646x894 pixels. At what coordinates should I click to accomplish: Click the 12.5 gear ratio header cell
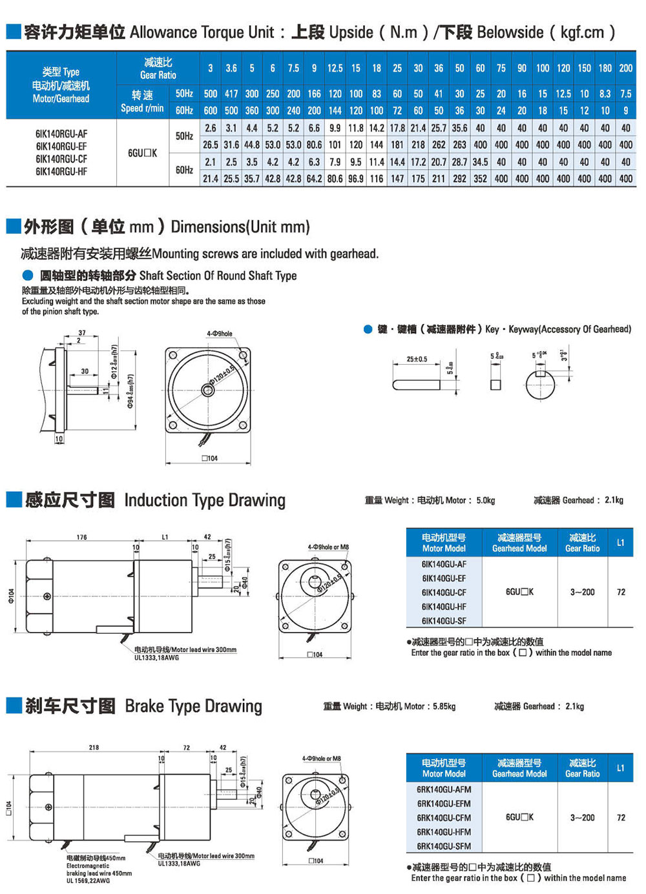[x=335, y=68]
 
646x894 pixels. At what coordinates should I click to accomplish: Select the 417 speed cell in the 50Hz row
[x=231, y=94]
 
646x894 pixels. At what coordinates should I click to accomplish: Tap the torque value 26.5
[x=211, y=145]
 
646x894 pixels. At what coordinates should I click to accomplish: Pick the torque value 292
[x=459, y=178]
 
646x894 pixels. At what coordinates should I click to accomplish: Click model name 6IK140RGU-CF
[x=61, y=159]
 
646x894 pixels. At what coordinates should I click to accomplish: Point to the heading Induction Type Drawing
[x=204, y=500]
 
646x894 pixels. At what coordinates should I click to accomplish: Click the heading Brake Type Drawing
[x=193, y=706]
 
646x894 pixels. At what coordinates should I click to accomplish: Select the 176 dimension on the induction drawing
[x=81, y=537]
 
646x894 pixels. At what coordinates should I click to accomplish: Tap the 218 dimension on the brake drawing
[x=94, y=747]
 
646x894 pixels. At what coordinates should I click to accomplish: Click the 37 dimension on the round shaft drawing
[x=82, y=333]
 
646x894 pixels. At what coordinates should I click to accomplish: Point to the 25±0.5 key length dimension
[x=417, y=359]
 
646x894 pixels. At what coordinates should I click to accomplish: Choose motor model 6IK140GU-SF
[x=444, y=621]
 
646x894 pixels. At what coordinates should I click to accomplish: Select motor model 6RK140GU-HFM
[x=444, y=832]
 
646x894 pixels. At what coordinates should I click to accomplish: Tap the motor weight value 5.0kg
[x=485, y=500]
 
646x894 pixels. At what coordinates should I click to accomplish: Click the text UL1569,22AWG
[x=88, y=880]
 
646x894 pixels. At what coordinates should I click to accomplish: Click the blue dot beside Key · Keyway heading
[x=368, y=329]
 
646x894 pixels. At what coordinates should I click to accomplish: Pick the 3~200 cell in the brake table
[x=582, y=817]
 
